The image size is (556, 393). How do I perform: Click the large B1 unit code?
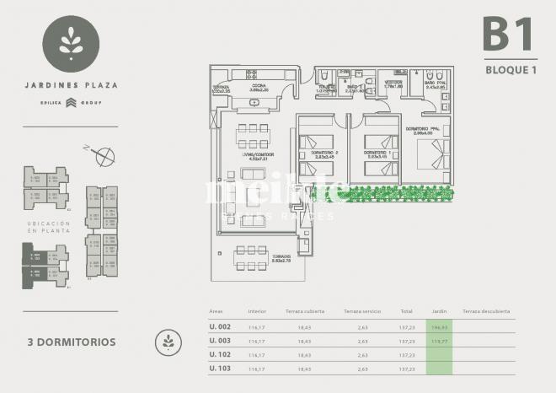click(x=509, y=35)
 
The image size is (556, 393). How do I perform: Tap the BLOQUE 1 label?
click(x=511, y=70)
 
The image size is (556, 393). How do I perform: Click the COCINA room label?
click(x=259, y=86)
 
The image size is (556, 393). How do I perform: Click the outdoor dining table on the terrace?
click(x=251, y=258)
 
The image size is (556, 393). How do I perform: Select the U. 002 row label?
click(x=221, y=326)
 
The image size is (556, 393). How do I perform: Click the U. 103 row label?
click(x=221, y=369)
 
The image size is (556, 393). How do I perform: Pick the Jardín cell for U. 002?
click(x=438, y=326)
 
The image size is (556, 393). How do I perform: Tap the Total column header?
click(x=406, y=311)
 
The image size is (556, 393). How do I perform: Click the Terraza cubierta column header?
click(x=305, y=311)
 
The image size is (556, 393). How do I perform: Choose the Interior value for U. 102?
click(x=257, y=354)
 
